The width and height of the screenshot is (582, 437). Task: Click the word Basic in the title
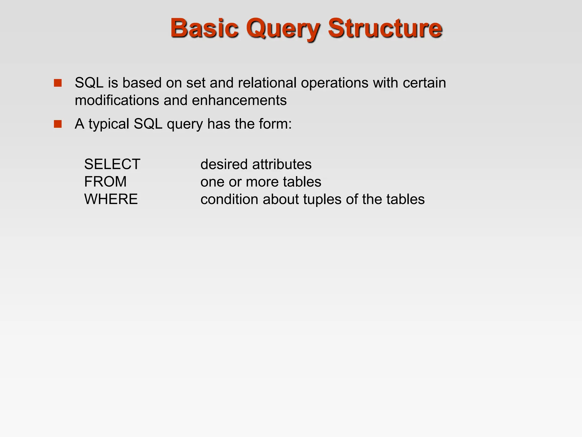(x=204, y=28)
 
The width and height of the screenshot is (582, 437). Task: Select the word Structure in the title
(x=385, y=28)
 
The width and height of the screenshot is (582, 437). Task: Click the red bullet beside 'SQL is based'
(x=58, y=83)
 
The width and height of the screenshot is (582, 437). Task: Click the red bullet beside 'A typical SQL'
(x=58, y=124)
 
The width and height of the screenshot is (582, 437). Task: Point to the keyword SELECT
(x=112, y=164)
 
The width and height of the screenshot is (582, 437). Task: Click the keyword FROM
(x=105, y=182)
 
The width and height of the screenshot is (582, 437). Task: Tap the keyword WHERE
(x=111, y=199)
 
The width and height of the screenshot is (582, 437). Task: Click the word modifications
(x=117, y=100)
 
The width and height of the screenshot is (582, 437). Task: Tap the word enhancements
(x=239, y=100)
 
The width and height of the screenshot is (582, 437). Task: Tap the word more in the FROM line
(x=262, y=182)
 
